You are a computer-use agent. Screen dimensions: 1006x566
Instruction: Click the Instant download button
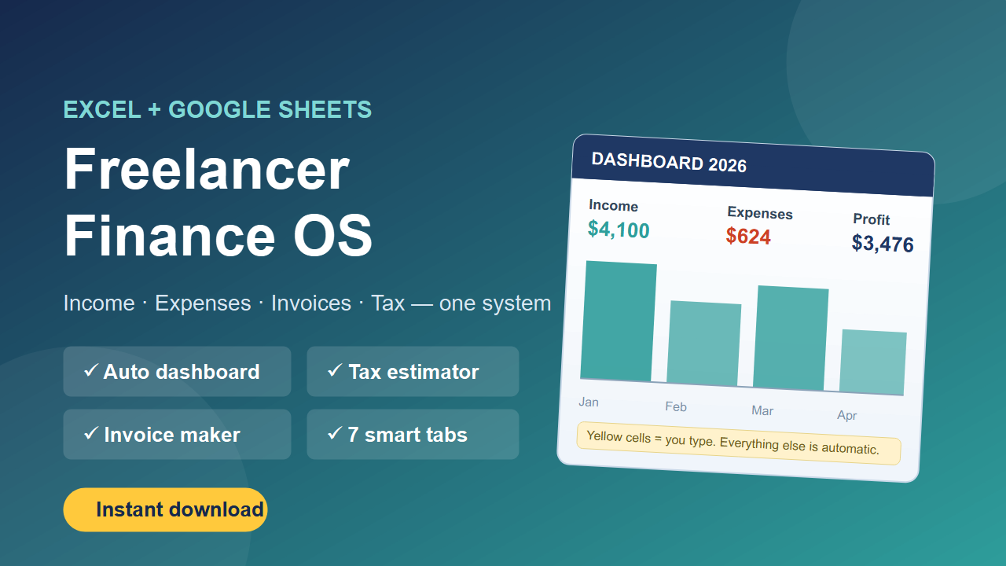click(165, 510)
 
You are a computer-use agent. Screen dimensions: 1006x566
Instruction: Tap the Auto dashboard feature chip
click(177, 372)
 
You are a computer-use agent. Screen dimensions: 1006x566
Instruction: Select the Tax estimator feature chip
click(413, 372)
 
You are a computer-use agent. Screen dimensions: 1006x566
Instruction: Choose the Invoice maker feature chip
click(177, 435)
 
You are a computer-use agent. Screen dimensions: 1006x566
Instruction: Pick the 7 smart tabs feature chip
click(413, 435)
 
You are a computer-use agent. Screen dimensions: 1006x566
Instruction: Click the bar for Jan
click(619, 322)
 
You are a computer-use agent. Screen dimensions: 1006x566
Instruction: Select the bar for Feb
click(703, 344)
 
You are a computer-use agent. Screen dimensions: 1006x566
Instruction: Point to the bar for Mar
click(791, 338)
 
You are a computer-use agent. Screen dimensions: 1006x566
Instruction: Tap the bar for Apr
click(872, 362)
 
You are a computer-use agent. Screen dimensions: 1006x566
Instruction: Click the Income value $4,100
click(619, 230)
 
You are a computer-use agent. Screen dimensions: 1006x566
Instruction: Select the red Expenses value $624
click(748, 237)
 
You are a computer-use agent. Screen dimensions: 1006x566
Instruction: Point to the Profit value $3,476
click(883, 244)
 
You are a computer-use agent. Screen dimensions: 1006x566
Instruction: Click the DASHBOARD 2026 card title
click(669, 162)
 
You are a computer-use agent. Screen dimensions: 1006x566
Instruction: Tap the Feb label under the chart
click(676, 406)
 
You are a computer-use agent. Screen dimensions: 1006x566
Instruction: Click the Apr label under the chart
click(847, 415)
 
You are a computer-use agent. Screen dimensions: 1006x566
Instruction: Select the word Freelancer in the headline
click(207, 169)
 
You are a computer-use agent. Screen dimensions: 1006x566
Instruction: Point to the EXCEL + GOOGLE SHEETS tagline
click(218, 109)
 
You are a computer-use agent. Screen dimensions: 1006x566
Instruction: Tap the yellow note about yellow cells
click(739, 443)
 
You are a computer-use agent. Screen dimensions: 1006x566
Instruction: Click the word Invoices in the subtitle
click(310, 303)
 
